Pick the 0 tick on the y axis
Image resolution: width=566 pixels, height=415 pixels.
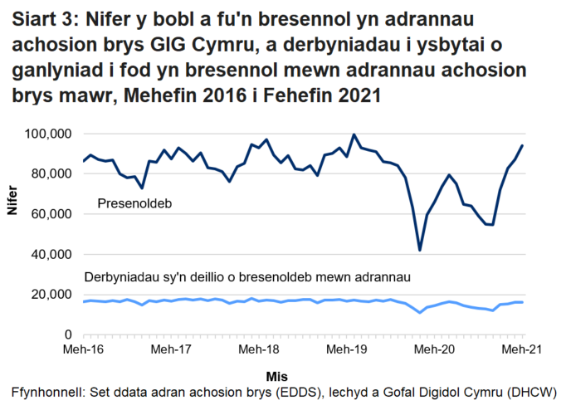pyautogui.click(x=72, y=334)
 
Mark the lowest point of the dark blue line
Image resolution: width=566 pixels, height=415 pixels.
pyautogui.click(x=420, y=250)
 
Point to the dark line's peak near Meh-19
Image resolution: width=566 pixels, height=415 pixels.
pyautogui.click(x=354, y=134)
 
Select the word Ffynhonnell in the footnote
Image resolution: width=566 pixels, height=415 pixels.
pyautogui.click(x=46, y=392)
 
